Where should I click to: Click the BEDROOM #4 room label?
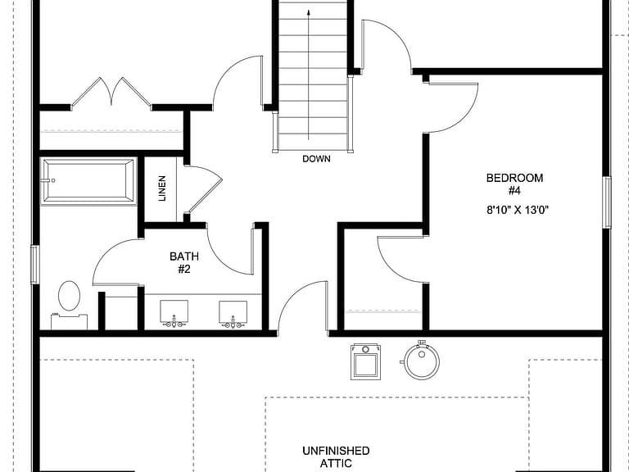(x=514, y=184)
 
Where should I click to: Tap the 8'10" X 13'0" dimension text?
(x=518, y=210)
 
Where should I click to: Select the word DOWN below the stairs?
(x=316, y=159)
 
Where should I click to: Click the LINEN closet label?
(x=162, y=188)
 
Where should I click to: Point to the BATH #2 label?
(x=184, y=262)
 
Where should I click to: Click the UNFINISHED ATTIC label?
(x=336, y=456)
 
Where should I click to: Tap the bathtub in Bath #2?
(x=88, y=181)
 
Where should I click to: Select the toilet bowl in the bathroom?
(x=69, y=296)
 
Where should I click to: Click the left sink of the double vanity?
(x=174, y=311)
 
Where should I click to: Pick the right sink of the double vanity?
(x=233, y=312)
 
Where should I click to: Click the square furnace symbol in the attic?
(x=365, y=361)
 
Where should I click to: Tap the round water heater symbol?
(x=421, y=360)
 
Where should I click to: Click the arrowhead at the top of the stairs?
(x=309, y=12)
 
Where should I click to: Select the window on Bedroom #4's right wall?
(x=607, y=202)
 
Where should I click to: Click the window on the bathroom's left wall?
(x=35, y=265)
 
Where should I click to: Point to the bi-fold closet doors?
(x=111, y=93)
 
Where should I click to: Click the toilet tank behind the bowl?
(x=69, y=321)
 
